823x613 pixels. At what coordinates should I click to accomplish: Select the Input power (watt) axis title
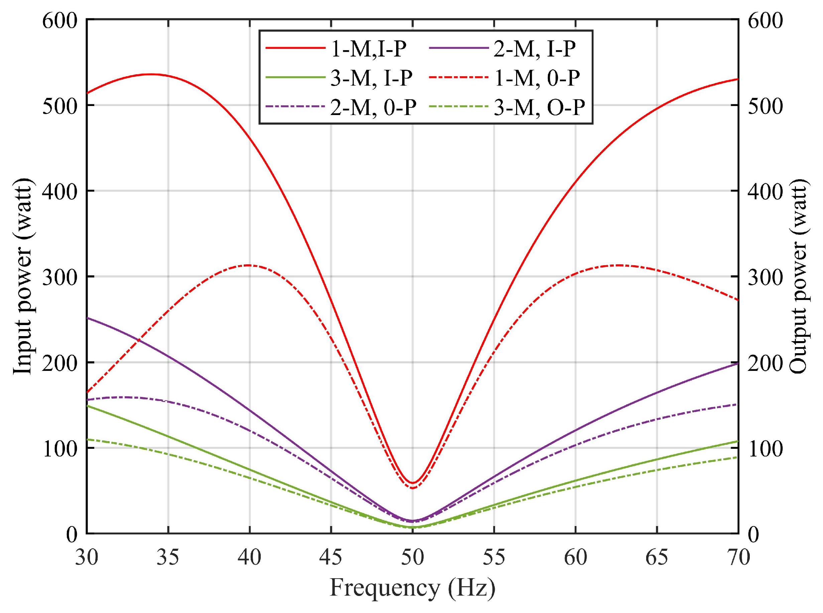[23, 277]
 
